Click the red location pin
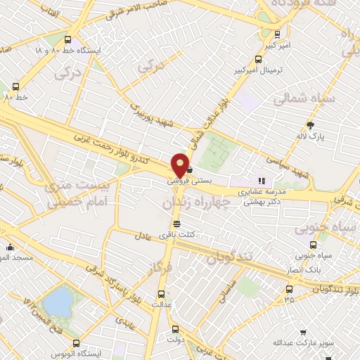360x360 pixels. point(180,165)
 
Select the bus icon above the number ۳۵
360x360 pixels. point(289,289)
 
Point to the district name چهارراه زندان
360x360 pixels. point(197,202)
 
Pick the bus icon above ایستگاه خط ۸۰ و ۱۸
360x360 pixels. point(67,39)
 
